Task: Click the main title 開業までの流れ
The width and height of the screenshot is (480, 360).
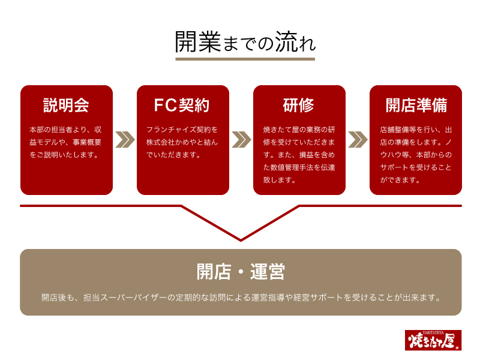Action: coord(245,41)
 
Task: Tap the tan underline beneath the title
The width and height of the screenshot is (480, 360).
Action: coord(245,59)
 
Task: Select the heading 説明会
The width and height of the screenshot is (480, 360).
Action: coord(66,106)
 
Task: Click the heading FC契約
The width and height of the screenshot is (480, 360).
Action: coord(182,106)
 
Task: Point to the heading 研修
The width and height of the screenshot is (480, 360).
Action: coord(298,106)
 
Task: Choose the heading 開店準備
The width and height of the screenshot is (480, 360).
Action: coord(416,106)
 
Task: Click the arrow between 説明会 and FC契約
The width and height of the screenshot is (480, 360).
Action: coord(125,140)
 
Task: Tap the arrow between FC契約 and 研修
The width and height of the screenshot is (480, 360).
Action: coord(241,140)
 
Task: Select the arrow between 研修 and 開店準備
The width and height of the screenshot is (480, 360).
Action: coord(358,140)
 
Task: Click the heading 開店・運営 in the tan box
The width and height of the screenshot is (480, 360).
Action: coord(241,272)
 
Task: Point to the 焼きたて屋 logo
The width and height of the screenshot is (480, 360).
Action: coord(433,340)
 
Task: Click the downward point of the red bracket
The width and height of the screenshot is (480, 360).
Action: coord(241,241)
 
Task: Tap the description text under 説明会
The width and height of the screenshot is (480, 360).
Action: coord(65,142)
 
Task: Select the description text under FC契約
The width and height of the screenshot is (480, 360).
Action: coord(182,142)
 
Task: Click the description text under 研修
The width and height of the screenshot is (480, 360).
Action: coord(299,155)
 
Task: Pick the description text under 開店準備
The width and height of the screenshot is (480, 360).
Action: coord(416,155)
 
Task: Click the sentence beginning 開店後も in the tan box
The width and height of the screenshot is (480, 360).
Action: coord(241,297)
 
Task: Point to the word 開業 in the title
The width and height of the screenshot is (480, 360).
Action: coord(198,41)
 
